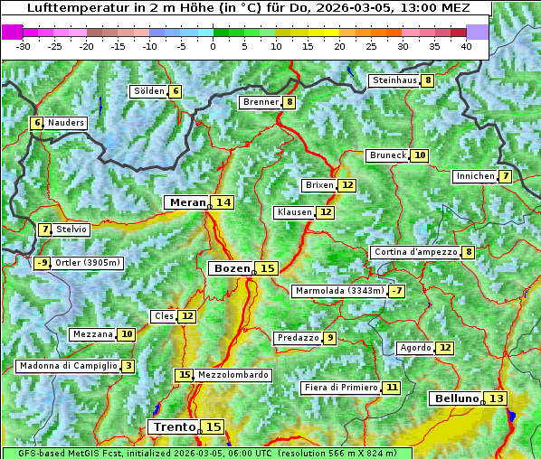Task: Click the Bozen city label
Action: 232,268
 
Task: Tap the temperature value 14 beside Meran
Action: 223,202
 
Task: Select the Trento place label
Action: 174,426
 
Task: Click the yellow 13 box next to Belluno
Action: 496,398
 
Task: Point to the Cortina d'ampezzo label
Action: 414,252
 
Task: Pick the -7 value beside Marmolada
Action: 396,291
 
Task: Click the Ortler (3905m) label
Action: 88,263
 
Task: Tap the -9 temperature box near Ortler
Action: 42,263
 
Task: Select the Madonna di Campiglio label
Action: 68,366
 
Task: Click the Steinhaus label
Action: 394,80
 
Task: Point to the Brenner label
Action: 261,102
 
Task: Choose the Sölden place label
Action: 149,91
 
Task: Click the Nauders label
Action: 66,123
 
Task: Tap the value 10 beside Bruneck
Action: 419,155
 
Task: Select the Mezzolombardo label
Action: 233,374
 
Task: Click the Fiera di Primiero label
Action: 340,387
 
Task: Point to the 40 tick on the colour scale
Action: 466,45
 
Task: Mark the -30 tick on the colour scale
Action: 24,45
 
